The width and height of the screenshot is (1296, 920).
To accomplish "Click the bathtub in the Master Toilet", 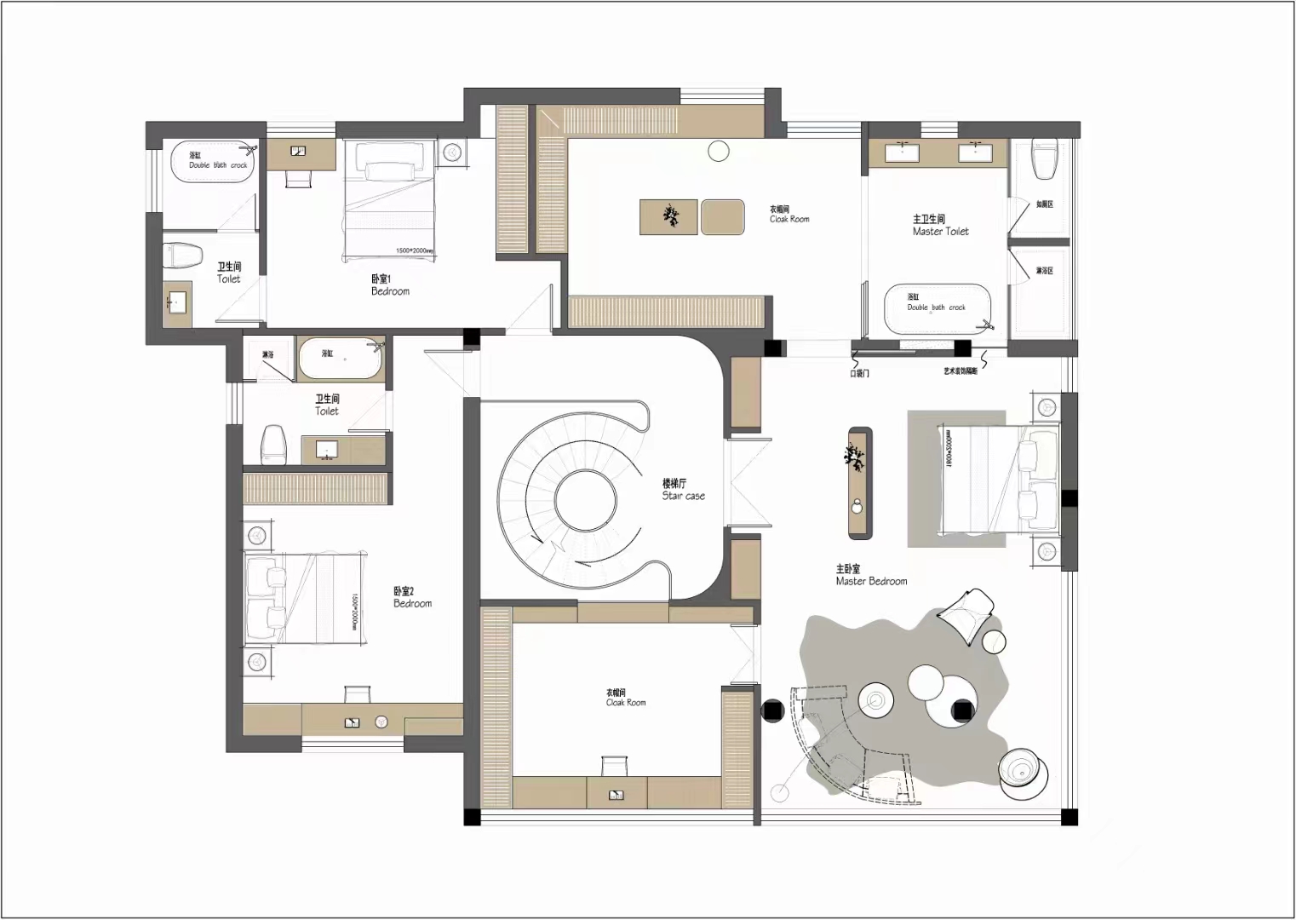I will click(x=938, y=309).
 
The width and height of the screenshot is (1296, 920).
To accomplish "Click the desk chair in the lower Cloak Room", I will click(x=615, y=765).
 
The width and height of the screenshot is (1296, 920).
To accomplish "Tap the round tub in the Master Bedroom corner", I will click(x=1023, y=774).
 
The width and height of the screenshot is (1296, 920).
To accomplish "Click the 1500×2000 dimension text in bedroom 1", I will click(x=414, y=251).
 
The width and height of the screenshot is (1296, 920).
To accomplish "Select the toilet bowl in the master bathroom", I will click(x=1044, y=158).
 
